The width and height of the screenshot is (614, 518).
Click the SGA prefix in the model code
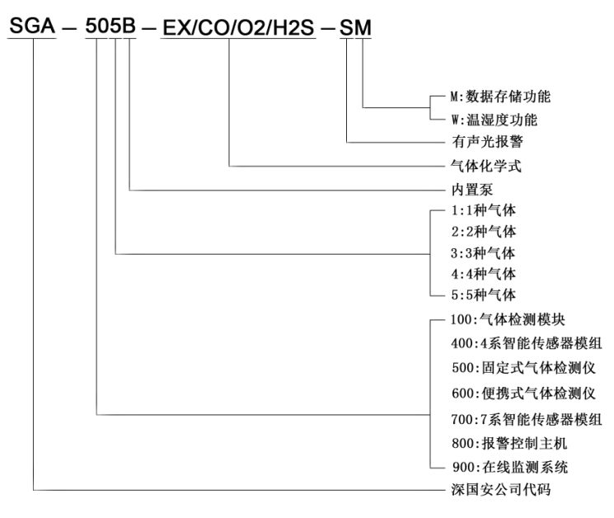pos(32,26)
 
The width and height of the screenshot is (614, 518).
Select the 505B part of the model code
pos(110,26)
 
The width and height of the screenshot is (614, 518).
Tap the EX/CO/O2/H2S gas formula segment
pos(238,28)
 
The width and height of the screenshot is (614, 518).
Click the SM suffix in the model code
pos(355,28)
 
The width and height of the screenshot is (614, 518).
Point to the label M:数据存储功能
pos(500,97)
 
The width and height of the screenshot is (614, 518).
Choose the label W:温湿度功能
pos(494,120)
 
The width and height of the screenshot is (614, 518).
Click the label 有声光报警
pos(488,141)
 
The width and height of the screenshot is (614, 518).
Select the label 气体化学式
pos(486,166)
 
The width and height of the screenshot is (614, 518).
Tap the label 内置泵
pos(472,190)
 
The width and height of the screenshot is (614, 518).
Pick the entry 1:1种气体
pos(484,210)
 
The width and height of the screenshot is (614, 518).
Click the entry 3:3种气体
pos(483,253)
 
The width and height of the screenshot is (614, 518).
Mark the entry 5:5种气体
pos(484,294)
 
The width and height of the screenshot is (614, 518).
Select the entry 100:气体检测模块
pos(508,320)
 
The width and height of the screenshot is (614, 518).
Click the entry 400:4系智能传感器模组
pos(527,343)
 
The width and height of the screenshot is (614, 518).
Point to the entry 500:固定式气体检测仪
pos(523,368)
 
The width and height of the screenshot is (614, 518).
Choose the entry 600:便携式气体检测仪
pos(523,393)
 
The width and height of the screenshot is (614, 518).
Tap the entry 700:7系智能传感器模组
pos(527,419)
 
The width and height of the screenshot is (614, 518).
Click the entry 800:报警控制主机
pos(509,443)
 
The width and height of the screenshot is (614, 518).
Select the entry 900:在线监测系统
pos(510,467)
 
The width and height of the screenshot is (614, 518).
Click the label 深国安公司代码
pos(501,489)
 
